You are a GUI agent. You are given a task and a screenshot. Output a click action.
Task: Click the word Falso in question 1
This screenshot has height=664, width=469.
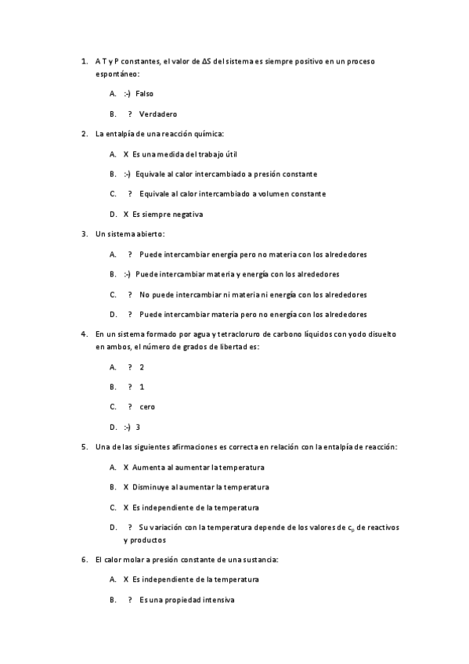pos(145,93)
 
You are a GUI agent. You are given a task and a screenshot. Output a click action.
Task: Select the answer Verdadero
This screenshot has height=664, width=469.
pos(158,114)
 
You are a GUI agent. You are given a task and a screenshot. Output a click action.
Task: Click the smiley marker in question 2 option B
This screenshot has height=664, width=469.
pos(127,174)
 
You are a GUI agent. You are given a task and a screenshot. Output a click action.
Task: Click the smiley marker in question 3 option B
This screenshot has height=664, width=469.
pos(127,274)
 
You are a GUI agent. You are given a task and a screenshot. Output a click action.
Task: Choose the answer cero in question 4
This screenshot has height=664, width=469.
pos(147,406)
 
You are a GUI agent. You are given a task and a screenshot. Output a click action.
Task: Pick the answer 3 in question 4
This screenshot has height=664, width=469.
pos(138,427)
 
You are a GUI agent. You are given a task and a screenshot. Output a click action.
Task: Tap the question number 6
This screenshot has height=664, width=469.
pos(84,560)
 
